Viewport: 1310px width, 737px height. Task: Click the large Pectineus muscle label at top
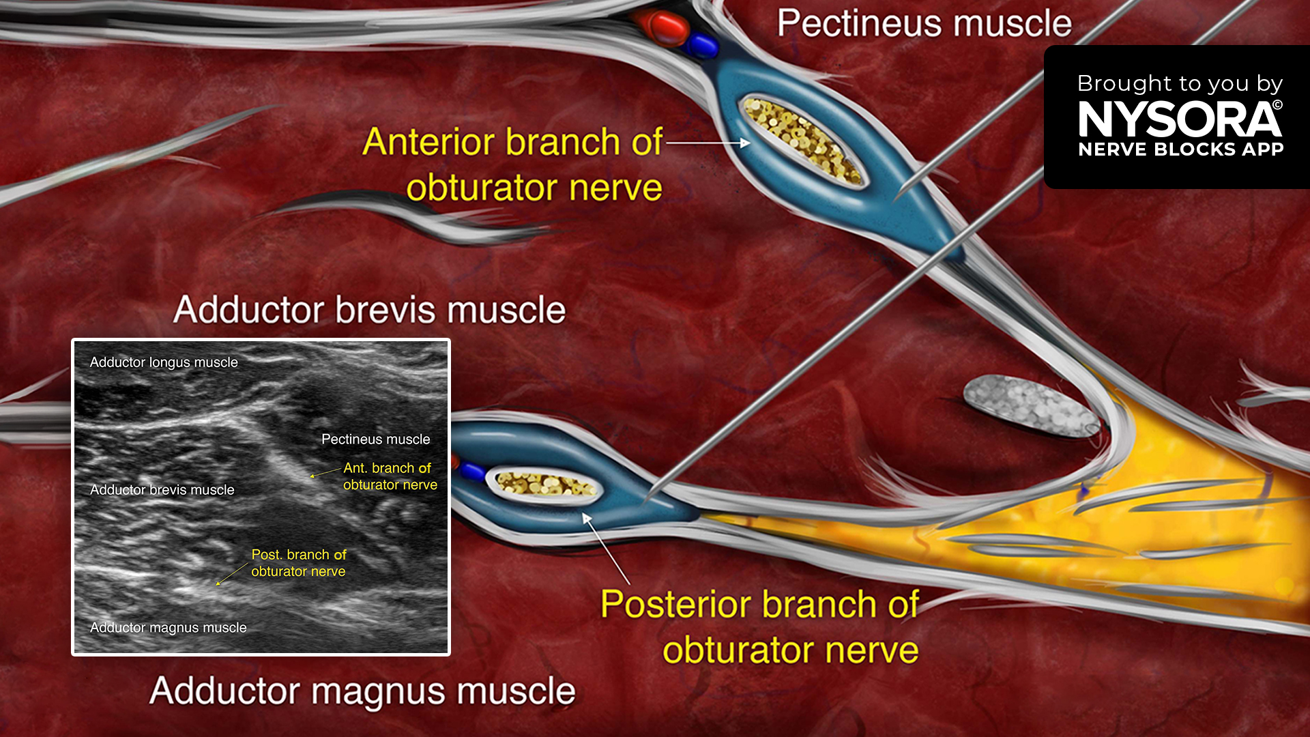[x=925, y=24]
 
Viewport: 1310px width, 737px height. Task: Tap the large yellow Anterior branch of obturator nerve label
[x=512, y=164]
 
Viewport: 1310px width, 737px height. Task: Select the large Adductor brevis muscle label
[x=369, y=310]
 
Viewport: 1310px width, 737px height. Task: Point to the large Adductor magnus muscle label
[x=362, y=691]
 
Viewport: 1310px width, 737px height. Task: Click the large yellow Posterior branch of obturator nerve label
[x=760, y=627]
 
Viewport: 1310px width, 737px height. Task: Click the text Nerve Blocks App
[x=1181, y=149]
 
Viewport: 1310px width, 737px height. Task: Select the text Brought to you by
[x=1180, y=83]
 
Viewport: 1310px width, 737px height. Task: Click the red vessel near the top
[x=667, y=28]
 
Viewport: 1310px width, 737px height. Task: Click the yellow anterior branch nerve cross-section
[x=802, y=140]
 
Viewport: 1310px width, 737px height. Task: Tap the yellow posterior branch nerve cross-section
[x=544, y=483]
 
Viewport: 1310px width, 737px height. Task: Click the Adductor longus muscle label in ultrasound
[x=164, y=362]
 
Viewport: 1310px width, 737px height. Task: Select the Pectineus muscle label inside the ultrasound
[x=376, y=439]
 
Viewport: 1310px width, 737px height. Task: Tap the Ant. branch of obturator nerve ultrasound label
[x=390, y=476]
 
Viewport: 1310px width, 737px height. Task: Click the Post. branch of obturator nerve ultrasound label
[x=299, y=563]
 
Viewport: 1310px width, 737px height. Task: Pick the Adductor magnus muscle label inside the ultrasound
[x=169, y=628]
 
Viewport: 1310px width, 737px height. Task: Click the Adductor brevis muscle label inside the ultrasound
[x=162, y=490]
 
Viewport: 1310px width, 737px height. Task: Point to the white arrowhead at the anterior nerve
[x=745, y=143]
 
